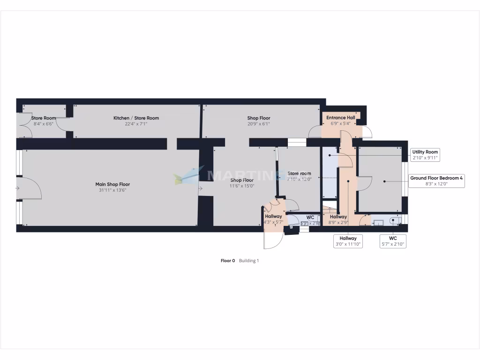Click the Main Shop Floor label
coord(112,184)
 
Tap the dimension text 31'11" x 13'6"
coord(112,190)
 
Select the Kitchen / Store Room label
coord(136,118)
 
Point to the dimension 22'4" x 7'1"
coord(136,124)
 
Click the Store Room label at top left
coord(44,118)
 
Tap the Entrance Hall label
coord(341,118)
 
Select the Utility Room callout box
coord(425,155)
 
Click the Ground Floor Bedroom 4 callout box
coord(436,181)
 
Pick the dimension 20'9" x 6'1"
coord(259,124)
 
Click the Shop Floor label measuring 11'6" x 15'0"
coord(242,180)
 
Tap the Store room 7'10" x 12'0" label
coord(299,173)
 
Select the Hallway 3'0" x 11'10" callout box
coord(348,241)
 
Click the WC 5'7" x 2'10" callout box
coord(393,241)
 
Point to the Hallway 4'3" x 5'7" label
coord(273,216)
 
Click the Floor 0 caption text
coord(228,261)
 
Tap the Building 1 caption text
coord(249,261)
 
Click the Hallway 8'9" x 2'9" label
coord(338,217)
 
